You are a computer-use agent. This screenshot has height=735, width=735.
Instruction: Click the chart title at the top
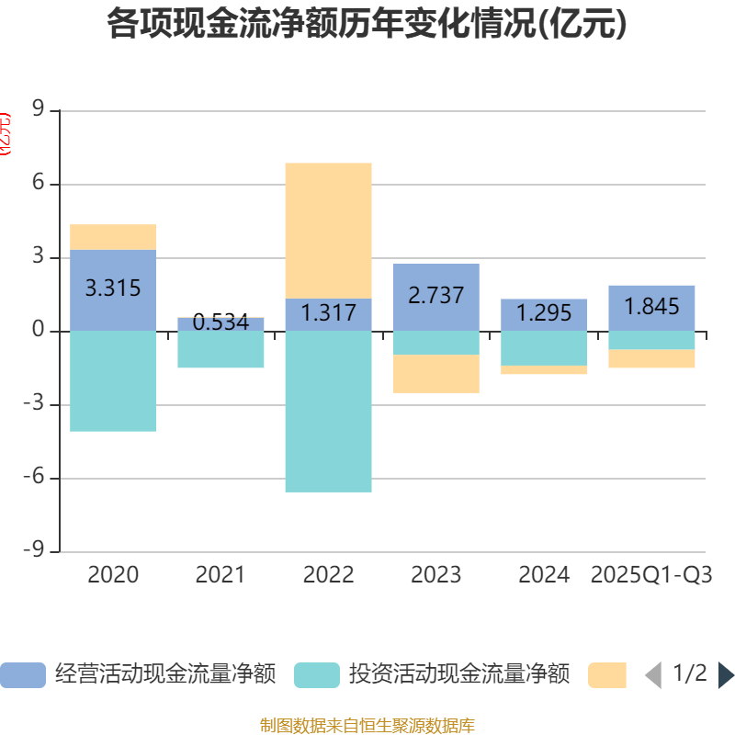(367, 25)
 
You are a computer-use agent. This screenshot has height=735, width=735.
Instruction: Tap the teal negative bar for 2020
(113, 380)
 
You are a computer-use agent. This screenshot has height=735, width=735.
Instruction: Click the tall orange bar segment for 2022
(328, 230)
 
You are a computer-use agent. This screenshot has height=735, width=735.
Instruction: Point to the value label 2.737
(436, 296)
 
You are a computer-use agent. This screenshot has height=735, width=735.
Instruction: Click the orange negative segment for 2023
(436, 374)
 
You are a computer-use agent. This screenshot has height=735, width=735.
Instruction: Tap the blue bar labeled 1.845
(651, 307)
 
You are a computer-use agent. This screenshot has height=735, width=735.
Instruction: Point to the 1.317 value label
(328, 313)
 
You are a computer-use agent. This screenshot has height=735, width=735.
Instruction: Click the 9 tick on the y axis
(39, 110)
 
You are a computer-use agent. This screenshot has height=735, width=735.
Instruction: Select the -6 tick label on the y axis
(34, 478)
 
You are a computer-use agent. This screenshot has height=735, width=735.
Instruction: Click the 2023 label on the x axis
(436, 575)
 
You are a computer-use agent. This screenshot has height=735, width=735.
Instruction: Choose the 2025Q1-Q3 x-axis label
(651, 575)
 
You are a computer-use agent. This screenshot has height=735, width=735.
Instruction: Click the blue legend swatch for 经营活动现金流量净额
(22, 674)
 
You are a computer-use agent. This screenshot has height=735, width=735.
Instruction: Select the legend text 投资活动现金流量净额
(459, 674)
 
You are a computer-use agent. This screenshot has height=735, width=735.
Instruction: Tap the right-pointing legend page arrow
(726, 674)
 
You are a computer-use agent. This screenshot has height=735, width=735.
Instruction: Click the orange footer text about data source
(367, 726)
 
